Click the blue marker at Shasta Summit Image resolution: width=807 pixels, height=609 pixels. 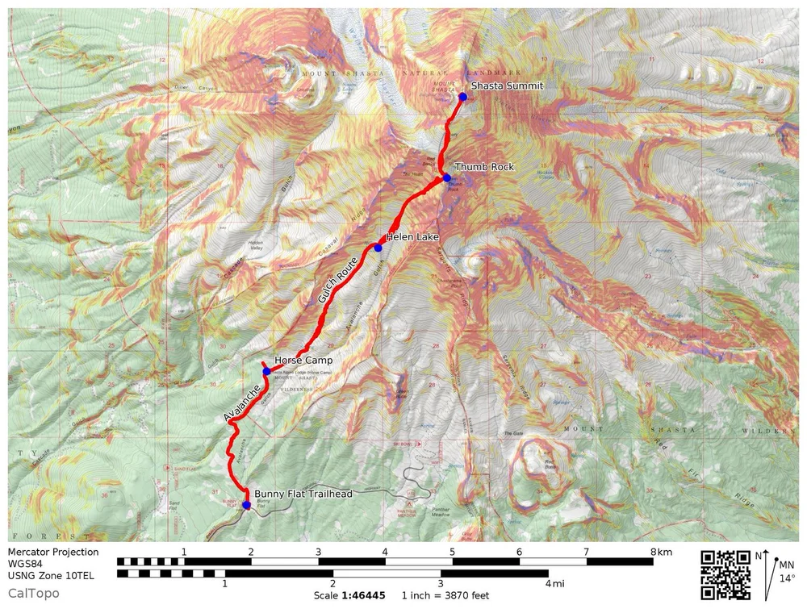[463, 97]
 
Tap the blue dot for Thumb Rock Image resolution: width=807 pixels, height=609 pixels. [446, 177]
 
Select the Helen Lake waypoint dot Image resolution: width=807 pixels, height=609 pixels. [378, 248]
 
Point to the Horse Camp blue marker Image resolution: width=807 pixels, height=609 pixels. [266, 372]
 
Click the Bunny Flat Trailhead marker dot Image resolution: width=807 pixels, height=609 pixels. [246, 505]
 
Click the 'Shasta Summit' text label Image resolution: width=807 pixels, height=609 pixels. [508, 86]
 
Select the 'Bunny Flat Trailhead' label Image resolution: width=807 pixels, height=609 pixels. [303, 494]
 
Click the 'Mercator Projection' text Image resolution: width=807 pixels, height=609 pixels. [53, 553]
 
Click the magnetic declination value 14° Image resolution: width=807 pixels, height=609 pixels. [786, 578]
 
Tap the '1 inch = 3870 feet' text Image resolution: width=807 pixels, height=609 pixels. [445, 595]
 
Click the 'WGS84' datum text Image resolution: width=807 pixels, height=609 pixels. [25, 564]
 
